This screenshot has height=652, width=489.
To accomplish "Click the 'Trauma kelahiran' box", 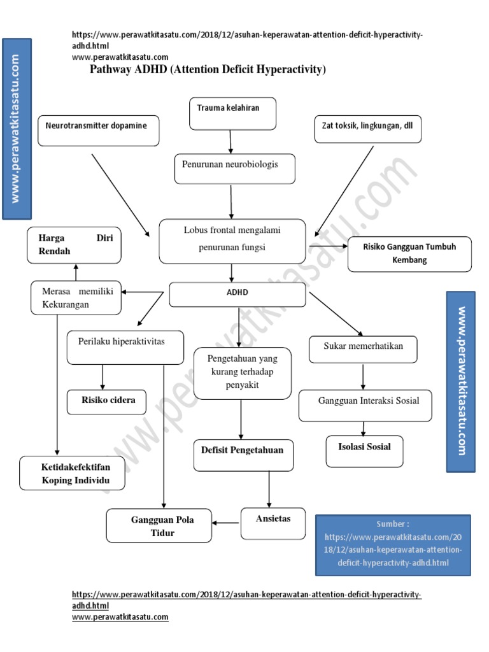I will coord(233,113).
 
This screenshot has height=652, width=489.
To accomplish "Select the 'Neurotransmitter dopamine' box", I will coord(98,130).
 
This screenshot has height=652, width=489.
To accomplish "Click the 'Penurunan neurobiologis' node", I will coord(234,168).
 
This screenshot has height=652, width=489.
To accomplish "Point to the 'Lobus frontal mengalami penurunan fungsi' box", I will coord(232,241).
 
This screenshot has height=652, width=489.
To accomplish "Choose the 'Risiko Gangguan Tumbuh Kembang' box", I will coord(409,253).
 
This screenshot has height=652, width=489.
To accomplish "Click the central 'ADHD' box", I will coord(238,294).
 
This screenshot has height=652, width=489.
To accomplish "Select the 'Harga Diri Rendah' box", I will coord(74,246).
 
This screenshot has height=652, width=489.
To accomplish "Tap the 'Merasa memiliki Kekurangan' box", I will coord(76,297).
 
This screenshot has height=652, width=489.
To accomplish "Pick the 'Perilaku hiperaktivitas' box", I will coord(125,346).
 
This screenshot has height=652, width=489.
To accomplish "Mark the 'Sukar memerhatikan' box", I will coord(363,348).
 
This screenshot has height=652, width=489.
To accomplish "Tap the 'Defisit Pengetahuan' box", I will coord(243,455).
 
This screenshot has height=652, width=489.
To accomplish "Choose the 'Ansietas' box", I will coord(273,523).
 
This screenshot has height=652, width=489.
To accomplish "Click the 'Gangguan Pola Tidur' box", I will coord(159,525).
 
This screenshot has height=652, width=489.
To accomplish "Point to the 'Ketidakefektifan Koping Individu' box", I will coord(72,473).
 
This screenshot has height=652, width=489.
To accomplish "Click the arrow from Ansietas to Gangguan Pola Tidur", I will coord(226,523).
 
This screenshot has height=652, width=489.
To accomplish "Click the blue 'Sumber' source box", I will coord(393,545).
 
